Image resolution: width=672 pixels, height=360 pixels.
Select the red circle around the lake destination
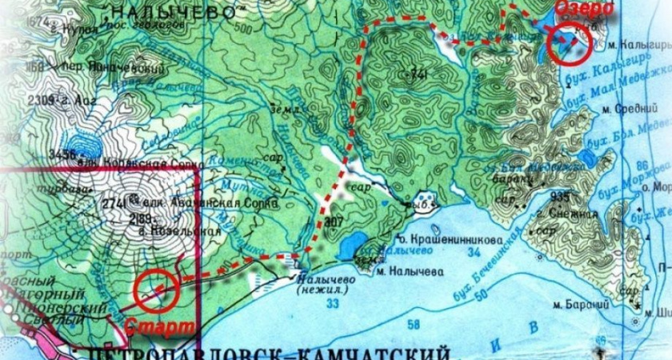(x=569, y=43)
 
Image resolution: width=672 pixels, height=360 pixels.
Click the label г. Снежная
(x=569, y=214)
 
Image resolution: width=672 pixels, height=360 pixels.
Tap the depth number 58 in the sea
(x=413, y=324)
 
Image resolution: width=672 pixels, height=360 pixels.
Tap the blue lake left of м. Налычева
(x=350, y=247)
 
